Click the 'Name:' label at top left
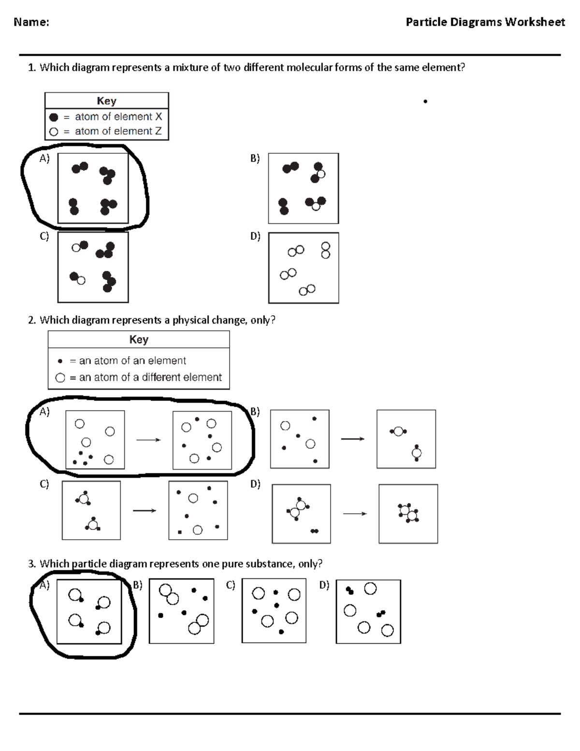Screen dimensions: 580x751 coord(31,22)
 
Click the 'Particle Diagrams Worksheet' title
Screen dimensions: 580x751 coord(485,22)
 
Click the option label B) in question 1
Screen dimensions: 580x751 coord(255,158)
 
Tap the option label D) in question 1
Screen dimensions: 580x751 coord(255,236)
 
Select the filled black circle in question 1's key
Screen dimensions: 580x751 coord(54,117)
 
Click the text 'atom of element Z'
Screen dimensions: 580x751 coord(118,131)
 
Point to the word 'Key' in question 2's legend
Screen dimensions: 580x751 coord(139,339)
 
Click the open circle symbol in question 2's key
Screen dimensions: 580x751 coord(60,378)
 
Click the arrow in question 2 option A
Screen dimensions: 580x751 coord(148,440)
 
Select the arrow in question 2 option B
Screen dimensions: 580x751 coord(352,439)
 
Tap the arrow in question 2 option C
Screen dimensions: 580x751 coord(144,511)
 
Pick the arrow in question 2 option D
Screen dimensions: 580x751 coord(355,514)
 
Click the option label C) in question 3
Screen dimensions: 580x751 coord(230,585)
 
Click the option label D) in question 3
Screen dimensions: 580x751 coord(324,585)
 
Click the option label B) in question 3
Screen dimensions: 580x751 coord(137,585)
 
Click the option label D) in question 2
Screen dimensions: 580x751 coord(255,484)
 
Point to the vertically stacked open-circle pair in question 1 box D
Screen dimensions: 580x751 coord(325,250)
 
